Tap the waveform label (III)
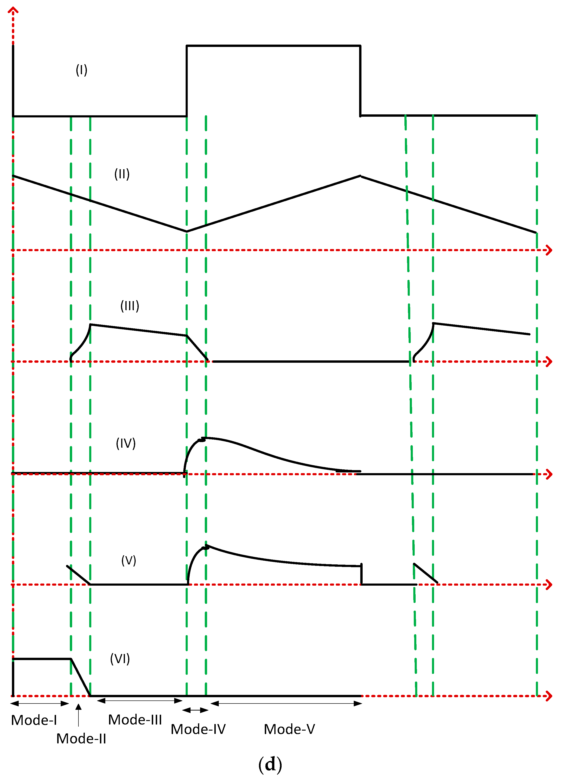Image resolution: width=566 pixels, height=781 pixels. tap(130, 306)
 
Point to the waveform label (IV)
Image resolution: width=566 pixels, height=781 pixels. tap(126, 443)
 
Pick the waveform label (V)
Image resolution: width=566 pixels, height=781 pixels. tap(128, 561)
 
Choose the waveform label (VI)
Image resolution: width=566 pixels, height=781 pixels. tap(120, 659)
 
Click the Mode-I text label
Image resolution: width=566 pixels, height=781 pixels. tap(34, 720)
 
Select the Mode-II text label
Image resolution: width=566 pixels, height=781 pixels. tap(81, 739)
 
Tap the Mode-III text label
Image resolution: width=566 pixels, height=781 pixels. tap(135, 720)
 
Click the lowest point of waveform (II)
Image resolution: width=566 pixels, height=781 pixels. tap(187, 231)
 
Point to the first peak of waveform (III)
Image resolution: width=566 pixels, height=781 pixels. tap(91, 324)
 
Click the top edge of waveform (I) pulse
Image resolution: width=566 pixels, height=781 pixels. tap(273, 46)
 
